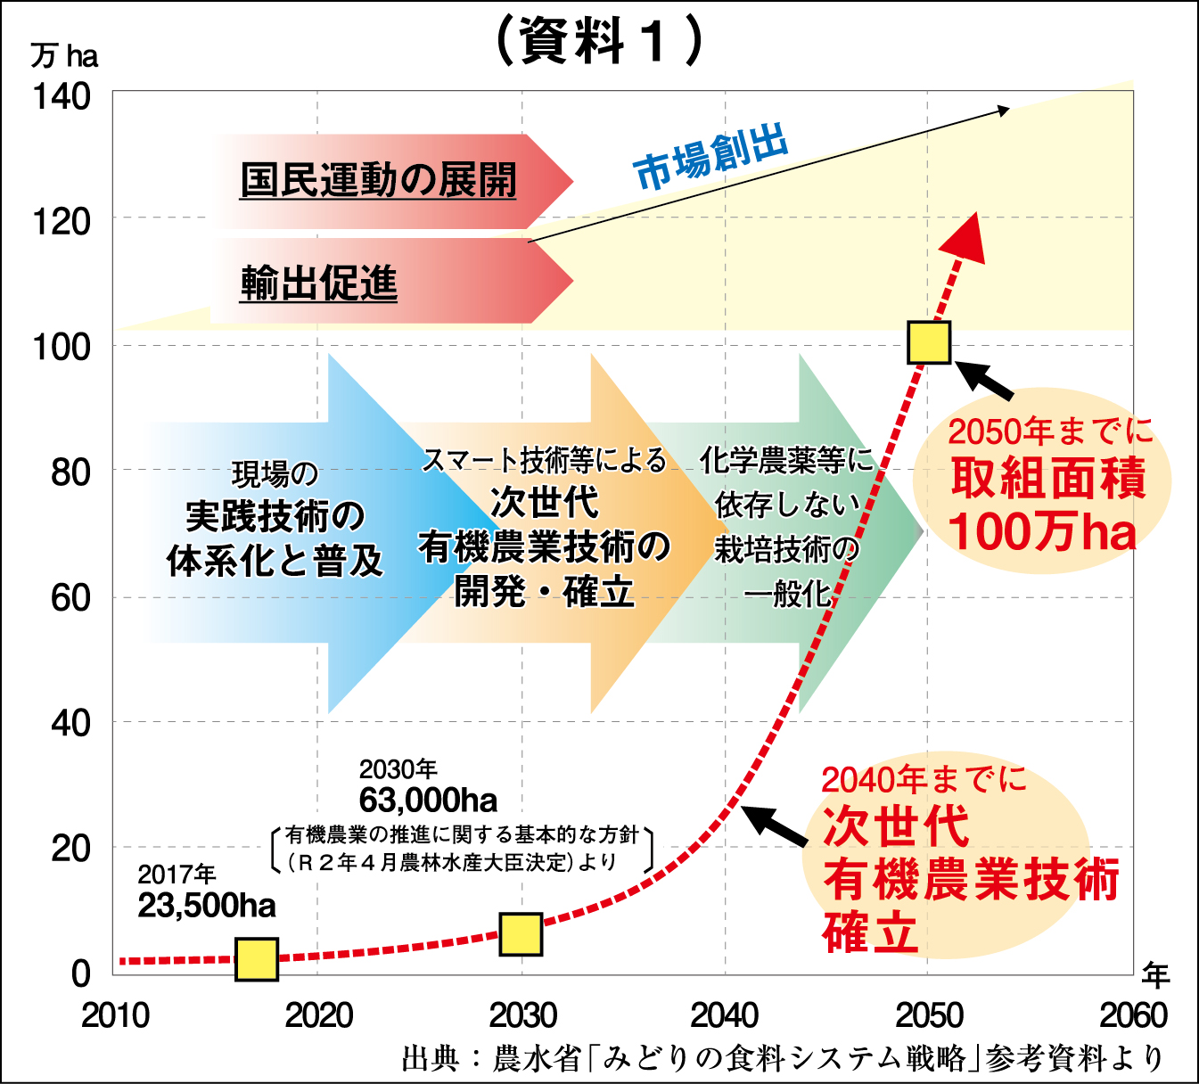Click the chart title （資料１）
tap(598, 41)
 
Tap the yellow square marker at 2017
tap(257, 958)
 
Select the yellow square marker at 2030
tap(521, 934)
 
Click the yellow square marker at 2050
tap(929, 342)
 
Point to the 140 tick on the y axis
tap(62, 96)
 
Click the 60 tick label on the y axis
tap(70, 597)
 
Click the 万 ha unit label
tap(64, 56)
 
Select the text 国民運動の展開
tap(378, 180)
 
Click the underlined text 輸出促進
tap(318, 283)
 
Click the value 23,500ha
tap(206, 906)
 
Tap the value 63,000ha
tap(428, 801)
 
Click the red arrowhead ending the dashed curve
tap(969, 239)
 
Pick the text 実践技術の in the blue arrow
tap(275, 516)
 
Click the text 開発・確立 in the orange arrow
tap(544, 591)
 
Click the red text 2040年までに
tap(924, 780)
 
